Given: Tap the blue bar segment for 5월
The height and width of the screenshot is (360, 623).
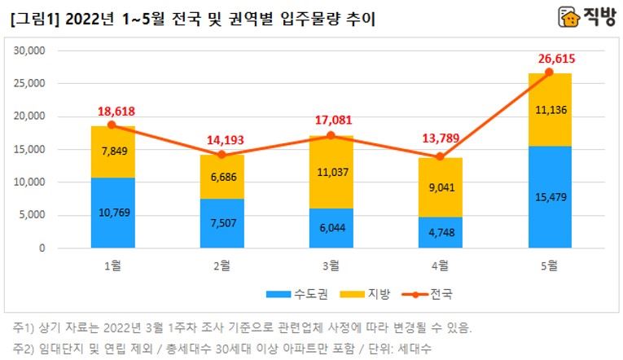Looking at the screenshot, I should tap(550, 197).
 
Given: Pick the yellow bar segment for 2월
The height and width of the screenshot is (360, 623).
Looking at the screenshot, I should tap(222, 177).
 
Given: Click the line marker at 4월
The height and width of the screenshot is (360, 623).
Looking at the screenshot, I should tap(441, 156).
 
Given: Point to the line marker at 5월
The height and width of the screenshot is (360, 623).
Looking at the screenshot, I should tap(550, 72).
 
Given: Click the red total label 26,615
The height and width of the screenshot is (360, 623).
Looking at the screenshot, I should tap(550, 59).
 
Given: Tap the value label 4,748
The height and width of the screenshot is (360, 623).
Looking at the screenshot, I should tap(441, 232).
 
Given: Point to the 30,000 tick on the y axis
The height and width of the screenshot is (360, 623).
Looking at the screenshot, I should tap(29, 50).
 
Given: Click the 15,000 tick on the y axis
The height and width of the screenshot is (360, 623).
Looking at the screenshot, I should tap(29, 150).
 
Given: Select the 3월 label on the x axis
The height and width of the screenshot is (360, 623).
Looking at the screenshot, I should tap(331, 264).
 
